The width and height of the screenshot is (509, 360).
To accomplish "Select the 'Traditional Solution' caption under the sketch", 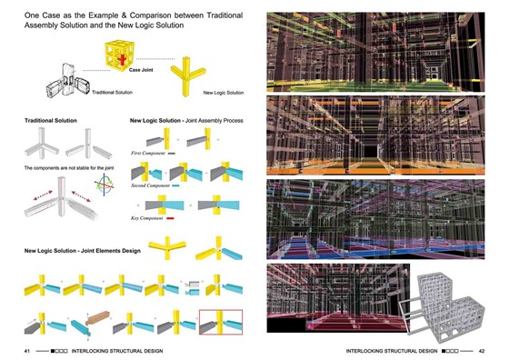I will [x=113, y=94].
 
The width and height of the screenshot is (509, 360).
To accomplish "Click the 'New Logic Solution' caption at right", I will [x=223, y=93].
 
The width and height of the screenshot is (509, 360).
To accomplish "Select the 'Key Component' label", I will [x=149, y=219].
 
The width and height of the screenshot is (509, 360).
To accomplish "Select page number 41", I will [x=27, y=350].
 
